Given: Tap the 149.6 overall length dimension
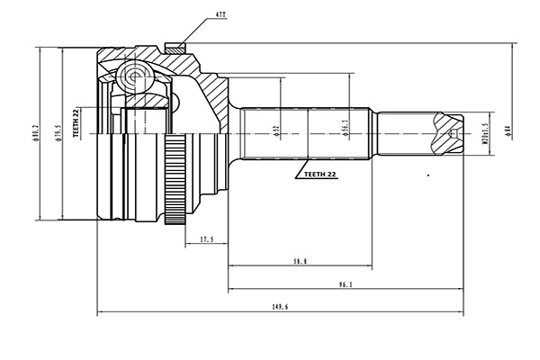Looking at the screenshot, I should click(x=279, y=307).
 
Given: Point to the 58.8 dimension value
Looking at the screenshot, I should click(x=300, y=261).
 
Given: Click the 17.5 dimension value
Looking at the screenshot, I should click(x=206, y=238).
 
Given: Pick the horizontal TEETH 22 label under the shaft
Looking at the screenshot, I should click(x=319, y=174).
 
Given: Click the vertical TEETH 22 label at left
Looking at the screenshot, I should click(x=77, y=122).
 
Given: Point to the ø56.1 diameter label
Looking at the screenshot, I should click(x=346, y=131).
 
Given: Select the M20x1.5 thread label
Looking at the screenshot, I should click(x=483, y=133).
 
